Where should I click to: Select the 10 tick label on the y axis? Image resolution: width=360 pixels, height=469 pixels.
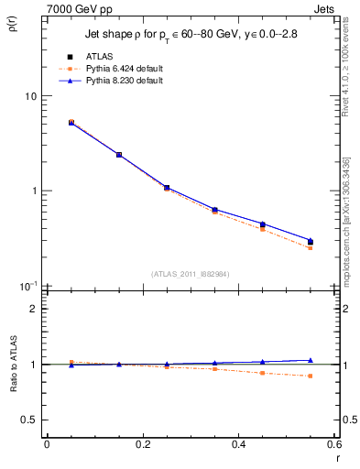point(29,96)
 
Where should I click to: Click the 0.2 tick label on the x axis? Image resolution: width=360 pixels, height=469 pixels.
point(142,444)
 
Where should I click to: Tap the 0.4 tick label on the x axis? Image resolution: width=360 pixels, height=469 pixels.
point(238,444)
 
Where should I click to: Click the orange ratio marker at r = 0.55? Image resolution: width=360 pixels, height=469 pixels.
point(310,376)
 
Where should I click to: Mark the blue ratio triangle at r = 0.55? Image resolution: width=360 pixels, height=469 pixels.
point(310,360)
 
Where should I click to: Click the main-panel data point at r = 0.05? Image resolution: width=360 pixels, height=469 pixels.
point(71,122)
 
